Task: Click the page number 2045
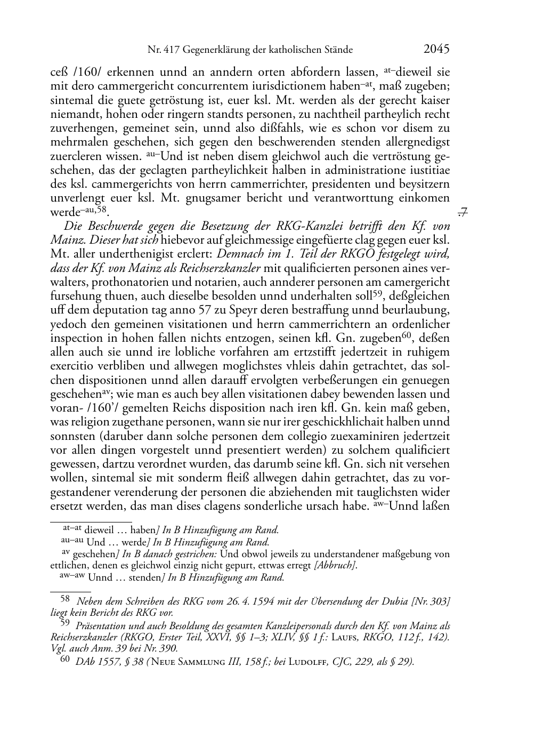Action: pyautogui.click(x=437, y=49)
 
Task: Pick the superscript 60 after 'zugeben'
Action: pyautogui.click(x=408, y=335)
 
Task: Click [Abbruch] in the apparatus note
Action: pyautogui.click(x=335, y=566)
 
